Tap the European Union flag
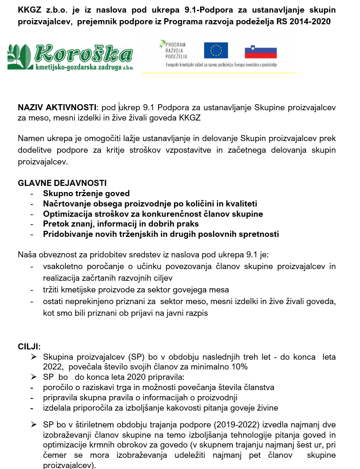click(x=216, y=50)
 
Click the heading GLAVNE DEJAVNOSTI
click(x=62, y=183)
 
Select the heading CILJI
click(x=29, y=347)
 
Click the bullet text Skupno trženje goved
click(x=86, y=193)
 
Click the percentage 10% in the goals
click(x=238, y=367)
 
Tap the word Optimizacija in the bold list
click(x=66, y=214)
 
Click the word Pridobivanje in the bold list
click(x=67, y=234)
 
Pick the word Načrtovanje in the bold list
click(x=67, y=204)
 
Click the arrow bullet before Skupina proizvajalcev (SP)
click(x=34, y=357)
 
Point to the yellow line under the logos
click(x=219, y=73)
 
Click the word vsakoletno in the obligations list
click(x=63, y=267)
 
